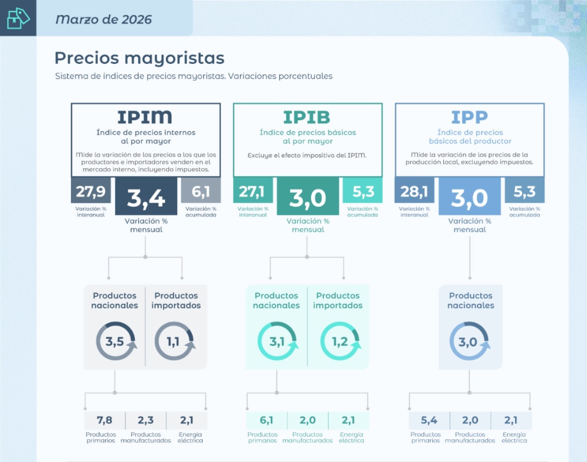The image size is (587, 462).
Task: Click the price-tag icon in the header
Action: tap(18, 18)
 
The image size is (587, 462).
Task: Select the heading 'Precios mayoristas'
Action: tap(140, 58)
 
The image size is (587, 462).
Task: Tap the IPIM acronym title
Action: tap(145, 117)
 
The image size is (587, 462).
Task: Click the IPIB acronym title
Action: tap(307, 117)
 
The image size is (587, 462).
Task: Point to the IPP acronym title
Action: tap(470, 117)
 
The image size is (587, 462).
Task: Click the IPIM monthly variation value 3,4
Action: tap(146, 198)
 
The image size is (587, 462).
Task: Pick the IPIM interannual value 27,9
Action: tap(91, 191)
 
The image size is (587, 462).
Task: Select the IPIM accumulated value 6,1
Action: tap(201, 191)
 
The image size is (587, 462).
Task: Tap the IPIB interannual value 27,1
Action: tap(252, 191)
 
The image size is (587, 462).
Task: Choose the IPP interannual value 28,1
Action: tap(414, 191)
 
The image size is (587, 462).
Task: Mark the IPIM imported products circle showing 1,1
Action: tap(174, 341)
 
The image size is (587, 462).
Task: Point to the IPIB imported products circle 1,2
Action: tap(340, 341)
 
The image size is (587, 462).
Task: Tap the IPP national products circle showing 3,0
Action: tap(469, 342)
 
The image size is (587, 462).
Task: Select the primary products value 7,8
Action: tap(104, 420)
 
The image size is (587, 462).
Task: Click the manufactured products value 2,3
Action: tap(146, 420)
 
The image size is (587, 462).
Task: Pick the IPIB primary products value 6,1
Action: tap(266, 420)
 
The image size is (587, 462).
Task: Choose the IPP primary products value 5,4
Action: tap(429, 420)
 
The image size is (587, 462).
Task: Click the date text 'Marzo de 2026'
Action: tap(104, 19)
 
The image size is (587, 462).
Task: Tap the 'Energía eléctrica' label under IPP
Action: tap(514, 438)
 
